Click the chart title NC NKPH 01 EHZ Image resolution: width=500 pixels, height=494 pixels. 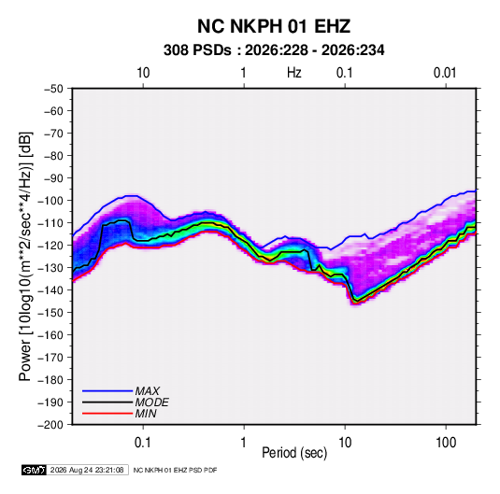point(274,26)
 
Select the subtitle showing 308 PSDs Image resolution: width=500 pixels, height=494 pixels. point(274,50)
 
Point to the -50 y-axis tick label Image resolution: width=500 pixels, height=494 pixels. point(53,89)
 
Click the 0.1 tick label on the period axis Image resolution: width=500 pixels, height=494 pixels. point(143,443)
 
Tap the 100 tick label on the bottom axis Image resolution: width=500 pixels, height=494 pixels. point(446,443)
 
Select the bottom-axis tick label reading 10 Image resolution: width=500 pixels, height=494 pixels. point(345,443)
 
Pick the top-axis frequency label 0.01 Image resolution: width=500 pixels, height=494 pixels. point(445,73)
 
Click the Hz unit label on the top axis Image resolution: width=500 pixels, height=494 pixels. point(294,73)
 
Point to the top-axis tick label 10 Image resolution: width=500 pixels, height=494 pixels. point(143,73)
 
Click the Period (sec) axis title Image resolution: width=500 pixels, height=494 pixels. point(294,453)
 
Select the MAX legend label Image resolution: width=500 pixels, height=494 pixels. point(147,391)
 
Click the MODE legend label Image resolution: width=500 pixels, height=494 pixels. point(151,402)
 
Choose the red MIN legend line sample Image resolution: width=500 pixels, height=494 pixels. point(107,414)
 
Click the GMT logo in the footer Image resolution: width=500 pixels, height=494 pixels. point(35,470)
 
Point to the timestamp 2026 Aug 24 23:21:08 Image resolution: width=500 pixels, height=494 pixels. point(87,470)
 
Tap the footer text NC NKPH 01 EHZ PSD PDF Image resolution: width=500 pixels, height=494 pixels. point(175,470)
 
